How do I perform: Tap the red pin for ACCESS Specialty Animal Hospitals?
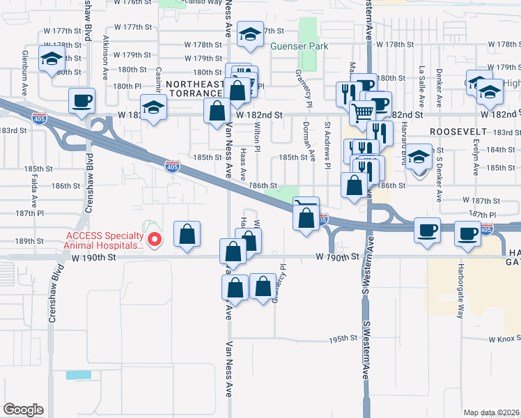click(x=156, y=240)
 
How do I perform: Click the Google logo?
click(x=23, y=410)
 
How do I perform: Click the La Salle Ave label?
click(x=421, y=85)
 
